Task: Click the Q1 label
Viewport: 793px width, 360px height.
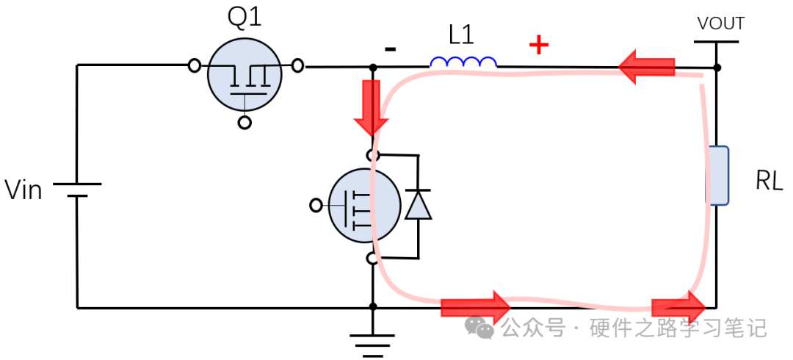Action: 245,17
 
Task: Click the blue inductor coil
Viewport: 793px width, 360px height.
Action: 463,63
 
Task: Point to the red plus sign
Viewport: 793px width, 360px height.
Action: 539,46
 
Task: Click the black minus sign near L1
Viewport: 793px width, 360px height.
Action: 391,49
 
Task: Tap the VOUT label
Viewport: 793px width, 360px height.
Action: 720,24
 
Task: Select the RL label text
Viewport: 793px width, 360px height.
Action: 769,181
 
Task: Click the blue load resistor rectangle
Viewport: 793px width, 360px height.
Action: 717,175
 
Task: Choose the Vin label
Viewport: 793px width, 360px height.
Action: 23,190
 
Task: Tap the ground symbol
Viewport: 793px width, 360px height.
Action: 372,340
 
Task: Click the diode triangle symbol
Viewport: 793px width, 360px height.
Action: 418,205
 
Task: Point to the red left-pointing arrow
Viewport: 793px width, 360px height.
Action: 646,68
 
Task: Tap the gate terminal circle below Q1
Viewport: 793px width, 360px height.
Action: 245,123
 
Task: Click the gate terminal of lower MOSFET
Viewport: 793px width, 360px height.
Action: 316,206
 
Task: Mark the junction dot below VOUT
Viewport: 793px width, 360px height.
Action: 717,68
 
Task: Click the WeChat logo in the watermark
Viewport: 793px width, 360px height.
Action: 482,328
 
